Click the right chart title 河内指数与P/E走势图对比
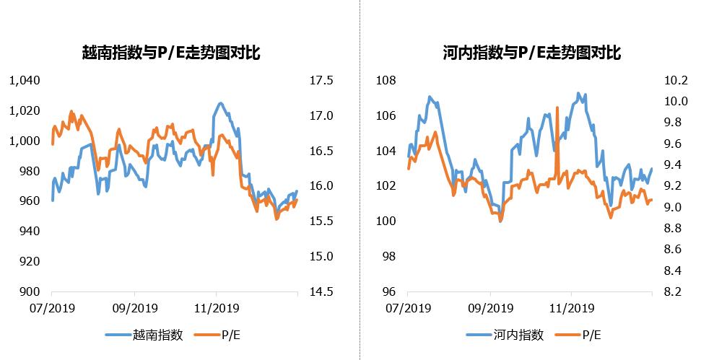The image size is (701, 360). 532,53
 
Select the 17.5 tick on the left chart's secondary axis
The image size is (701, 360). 321,80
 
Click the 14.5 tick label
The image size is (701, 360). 321,291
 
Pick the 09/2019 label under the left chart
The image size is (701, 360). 135,308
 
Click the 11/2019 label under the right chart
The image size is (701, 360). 571,308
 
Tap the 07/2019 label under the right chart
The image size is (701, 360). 407,308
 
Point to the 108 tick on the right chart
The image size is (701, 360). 386,80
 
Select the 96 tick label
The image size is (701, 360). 389,291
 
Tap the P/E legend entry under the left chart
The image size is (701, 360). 230,335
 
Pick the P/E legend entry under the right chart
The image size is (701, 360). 591,335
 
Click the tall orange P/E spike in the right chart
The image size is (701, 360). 557,108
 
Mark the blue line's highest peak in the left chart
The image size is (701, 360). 220,103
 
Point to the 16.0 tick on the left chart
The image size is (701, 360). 321,185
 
